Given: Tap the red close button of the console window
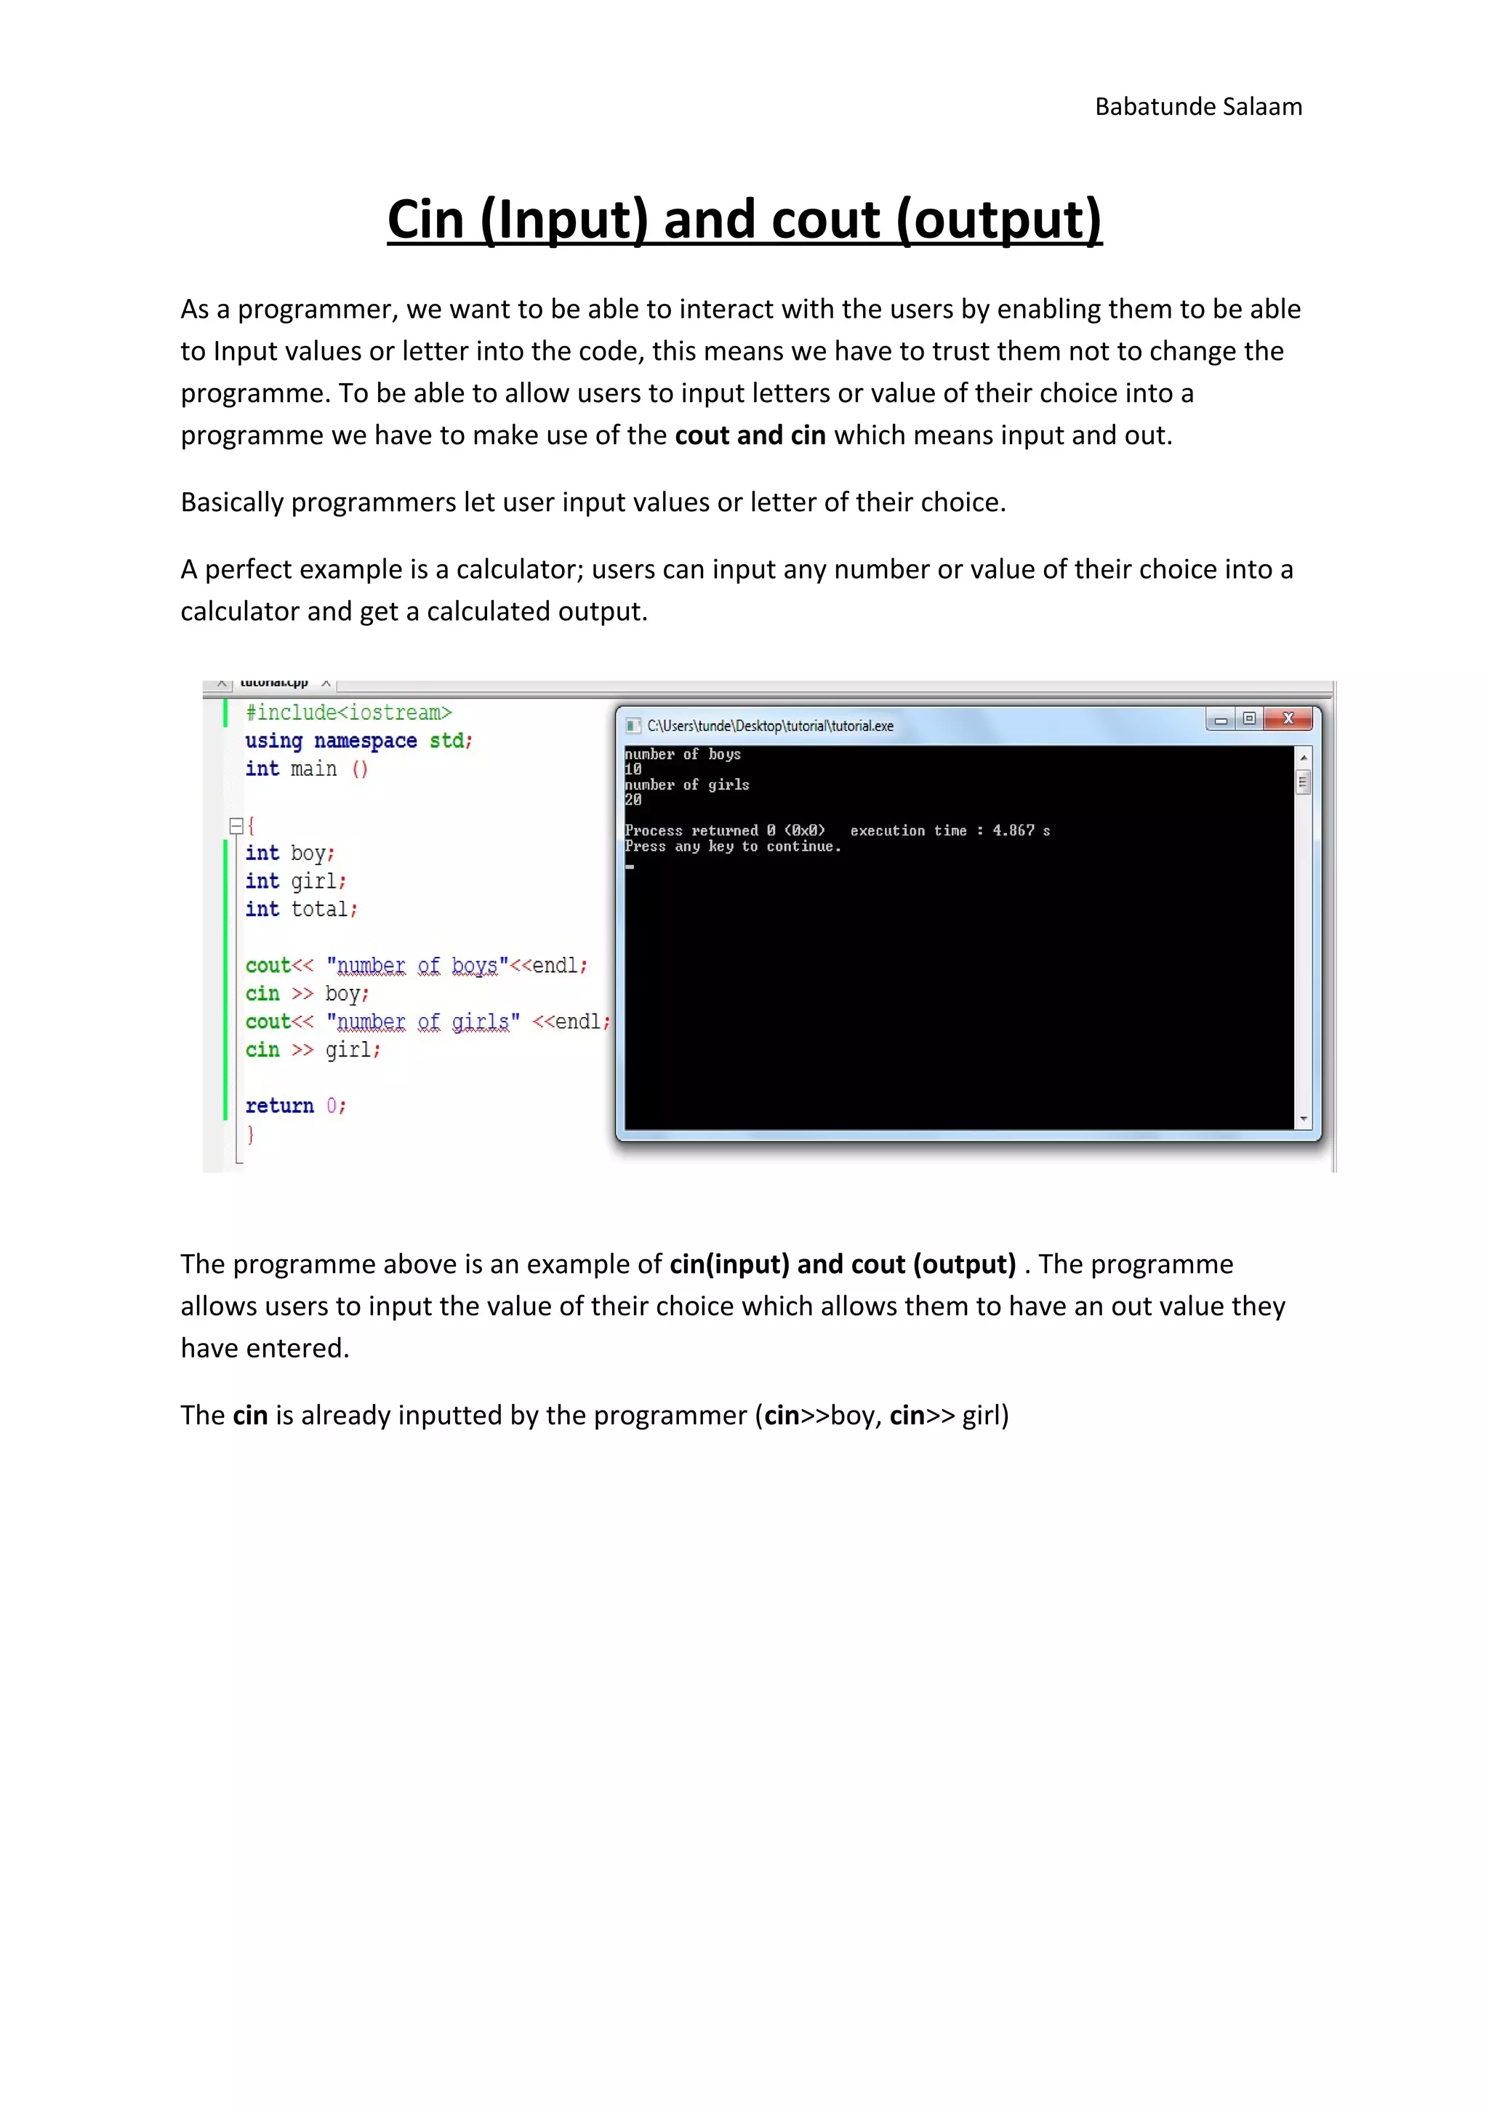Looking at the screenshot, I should [1288, 718].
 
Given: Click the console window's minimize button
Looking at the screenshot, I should [1220, 720].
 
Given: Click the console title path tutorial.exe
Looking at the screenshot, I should [770, 726].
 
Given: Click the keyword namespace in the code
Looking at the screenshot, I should [365, 741].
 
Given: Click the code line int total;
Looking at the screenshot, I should [301, 910].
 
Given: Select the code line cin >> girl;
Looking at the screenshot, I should [312, 1050].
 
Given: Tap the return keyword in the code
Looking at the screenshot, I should [279, 1106].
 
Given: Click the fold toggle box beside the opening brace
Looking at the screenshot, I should [236, 825].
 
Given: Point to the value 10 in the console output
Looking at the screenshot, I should [633, 770].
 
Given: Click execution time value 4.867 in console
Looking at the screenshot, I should [1013, 830].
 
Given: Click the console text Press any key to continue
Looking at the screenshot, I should [732, 846].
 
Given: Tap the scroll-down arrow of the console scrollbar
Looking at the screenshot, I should [1303, 1120].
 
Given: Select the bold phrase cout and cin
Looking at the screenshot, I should [750, 435].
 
